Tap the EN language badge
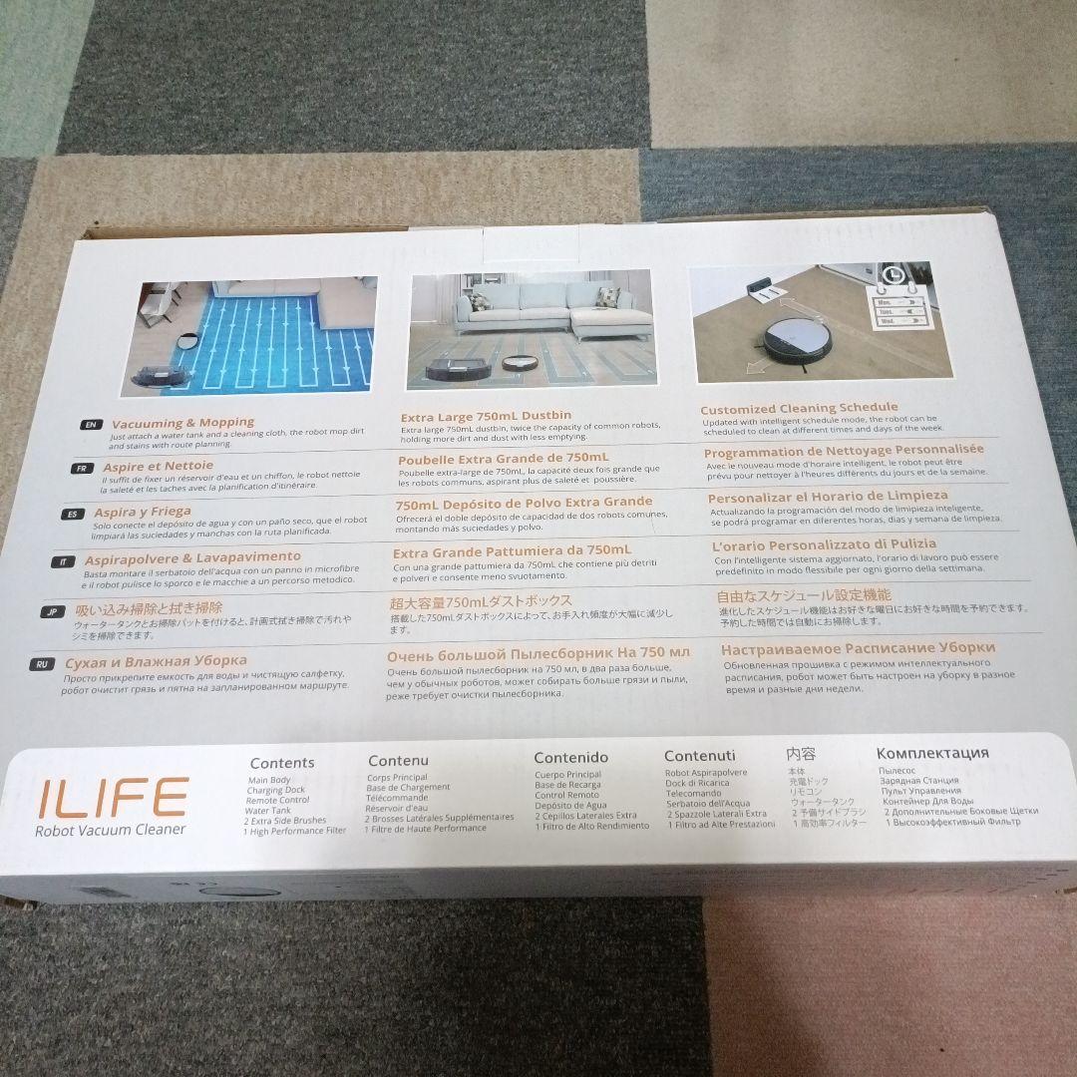91,424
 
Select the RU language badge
42,663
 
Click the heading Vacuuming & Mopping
182,423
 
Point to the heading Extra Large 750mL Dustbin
485,417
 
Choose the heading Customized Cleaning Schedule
798,408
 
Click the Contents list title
282,763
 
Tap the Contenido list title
570,757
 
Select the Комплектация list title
932,753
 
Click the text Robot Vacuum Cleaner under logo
110,829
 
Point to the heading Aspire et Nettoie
160,466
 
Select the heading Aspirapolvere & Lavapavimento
192,556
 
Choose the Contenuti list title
699,756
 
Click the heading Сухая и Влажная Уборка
156,661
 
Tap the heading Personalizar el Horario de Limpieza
827,497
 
